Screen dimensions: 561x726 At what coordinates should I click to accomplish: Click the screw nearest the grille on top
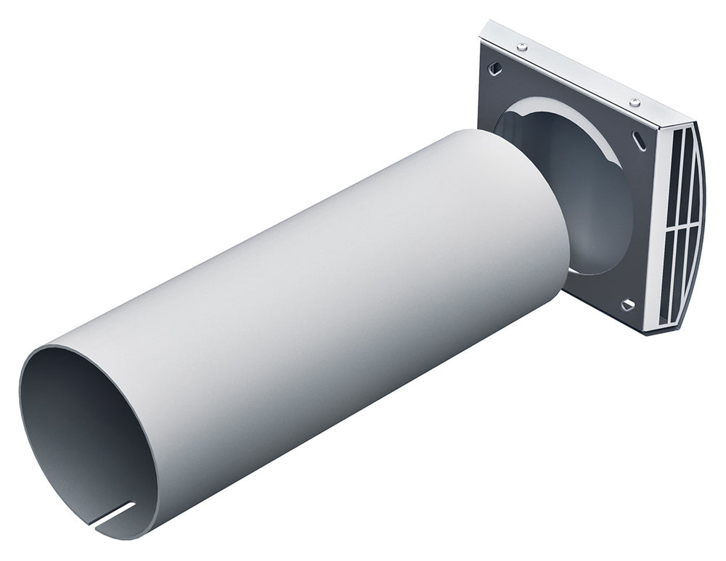635,102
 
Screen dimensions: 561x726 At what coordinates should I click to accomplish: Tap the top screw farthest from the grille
523,47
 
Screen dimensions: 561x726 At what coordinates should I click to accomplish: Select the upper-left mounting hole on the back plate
496,67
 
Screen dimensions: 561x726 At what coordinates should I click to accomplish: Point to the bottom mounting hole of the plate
627,305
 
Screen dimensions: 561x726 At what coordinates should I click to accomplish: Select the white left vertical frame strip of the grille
659,232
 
